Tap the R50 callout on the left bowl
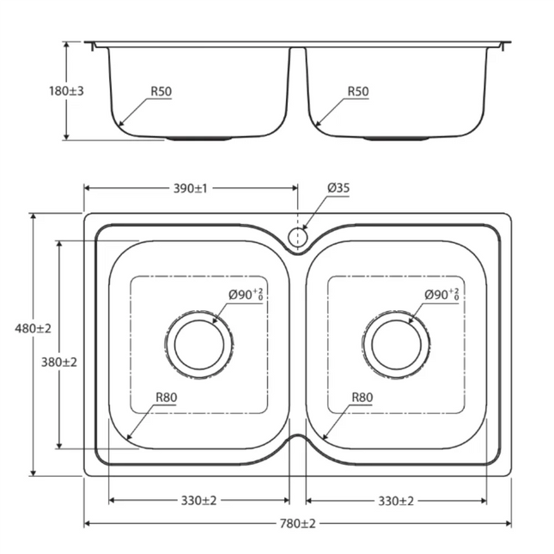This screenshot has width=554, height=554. (x=161, y=91)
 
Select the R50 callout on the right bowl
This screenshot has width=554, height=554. (x=358, y=91)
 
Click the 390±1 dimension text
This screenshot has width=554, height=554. (x=190, y=187)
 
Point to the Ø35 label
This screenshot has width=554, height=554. (x=338, y=187)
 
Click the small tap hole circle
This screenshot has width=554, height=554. (x=297, y=236)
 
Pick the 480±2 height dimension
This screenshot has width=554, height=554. (x=33, y=327)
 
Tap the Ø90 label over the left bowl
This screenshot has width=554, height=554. (x=246, y=295)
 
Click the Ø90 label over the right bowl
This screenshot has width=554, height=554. (x=441, y=295)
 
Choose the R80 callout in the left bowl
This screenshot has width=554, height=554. (x=167, y=398)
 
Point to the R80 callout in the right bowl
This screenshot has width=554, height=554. (x=363, y=398)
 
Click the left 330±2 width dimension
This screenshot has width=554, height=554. (x=198, y=500)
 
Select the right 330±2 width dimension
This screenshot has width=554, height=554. (x=396, y=500)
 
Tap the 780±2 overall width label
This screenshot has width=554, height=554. (x=297, y=523)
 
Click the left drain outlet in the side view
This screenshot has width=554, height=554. (x=198, y=137)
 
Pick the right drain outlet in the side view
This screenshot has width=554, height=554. (x=396, y=137)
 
